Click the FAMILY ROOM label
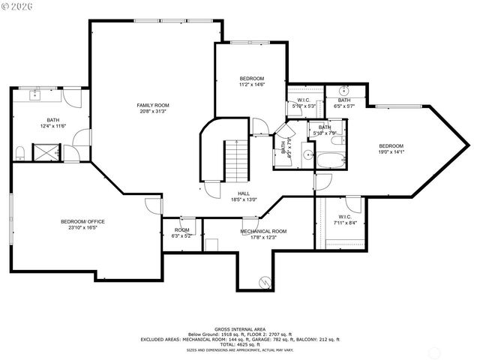[152, 105]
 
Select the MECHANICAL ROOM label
[263, 231]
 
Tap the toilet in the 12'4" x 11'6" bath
[20, 153]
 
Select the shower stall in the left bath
[50, 153]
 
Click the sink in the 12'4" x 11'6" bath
[34, 95]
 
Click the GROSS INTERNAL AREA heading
[240, 329]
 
